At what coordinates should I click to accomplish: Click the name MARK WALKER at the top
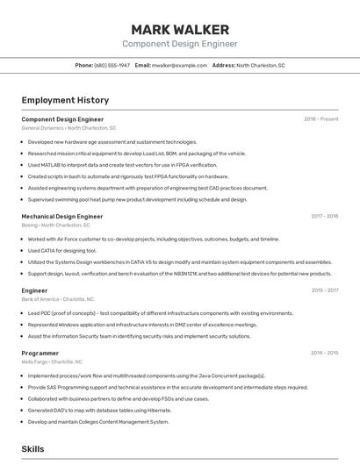point(179,30)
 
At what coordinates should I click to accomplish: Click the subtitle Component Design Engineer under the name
point(179,44)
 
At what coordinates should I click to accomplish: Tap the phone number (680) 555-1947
point(112,65)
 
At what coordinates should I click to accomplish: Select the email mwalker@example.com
point(173,65)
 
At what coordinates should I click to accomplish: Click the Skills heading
point(32,448)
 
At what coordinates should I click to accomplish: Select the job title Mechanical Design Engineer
point(62,216)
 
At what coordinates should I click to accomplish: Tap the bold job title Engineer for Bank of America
point(34,290)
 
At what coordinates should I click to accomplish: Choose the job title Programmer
point(40,353)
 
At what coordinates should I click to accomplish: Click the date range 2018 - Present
point(321,118)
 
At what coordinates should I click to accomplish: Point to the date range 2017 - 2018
point(324,216)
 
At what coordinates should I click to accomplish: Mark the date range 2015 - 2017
point(324,290)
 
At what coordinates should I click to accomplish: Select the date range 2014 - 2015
point(324,353)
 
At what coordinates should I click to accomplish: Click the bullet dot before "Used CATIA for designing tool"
point(23,250)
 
